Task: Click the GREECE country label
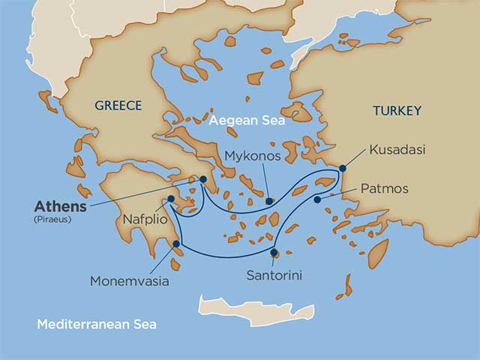click(118, 106)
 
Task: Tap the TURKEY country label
click(397, 111)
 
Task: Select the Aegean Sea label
click(247, 120)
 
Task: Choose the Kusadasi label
click(397, 150)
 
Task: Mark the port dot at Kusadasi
click(343, 168)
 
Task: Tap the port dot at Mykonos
click(269, 201)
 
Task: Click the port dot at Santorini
click(274, 252)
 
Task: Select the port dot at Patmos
click(318, 199)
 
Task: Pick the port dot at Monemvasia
click(176, 244)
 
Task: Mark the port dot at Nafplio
click(172, 199)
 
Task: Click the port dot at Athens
click(202, 179)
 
